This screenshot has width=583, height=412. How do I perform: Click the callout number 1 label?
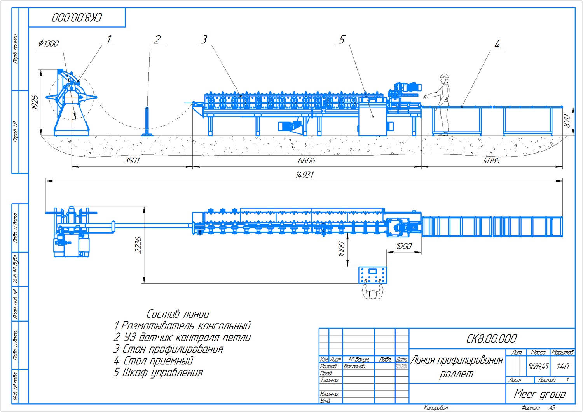(109, 40)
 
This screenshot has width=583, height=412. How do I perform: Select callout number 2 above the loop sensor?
(157, 40)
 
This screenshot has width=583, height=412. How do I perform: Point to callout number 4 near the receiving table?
(497, 45)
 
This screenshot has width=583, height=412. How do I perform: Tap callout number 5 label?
(342, 40)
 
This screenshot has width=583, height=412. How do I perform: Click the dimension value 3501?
(132, 161)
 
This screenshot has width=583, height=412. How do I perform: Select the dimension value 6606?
(306, 161)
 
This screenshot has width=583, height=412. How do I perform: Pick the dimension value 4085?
(491, 161)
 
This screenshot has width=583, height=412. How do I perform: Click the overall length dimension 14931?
(304, 175)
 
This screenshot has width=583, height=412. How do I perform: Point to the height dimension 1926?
(35, 102)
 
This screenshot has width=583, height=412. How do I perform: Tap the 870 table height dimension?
(567, 121)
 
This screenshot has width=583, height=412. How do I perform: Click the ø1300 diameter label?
(49, 43)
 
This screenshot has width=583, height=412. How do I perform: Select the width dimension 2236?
(138, 245)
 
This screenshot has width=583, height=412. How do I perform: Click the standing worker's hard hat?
(444, 76)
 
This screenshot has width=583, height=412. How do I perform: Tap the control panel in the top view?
(372, 275)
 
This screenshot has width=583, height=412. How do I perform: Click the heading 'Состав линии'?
(178, 314)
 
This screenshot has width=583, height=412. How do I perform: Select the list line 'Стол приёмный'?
(154, 361)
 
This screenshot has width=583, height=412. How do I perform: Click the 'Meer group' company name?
(540, 394)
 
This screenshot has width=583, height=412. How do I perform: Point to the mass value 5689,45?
(538, 366)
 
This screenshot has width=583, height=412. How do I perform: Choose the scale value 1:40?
(562, 366)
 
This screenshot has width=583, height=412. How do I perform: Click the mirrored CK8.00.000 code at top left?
(77, 17)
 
